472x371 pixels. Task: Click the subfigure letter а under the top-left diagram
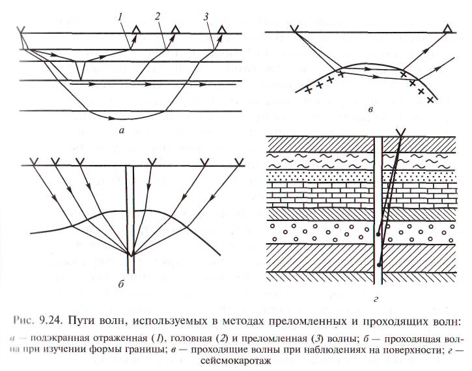coord(122,130)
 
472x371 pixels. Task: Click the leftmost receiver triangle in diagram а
coord(135,29)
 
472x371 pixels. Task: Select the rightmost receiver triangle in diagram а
coord(223,29)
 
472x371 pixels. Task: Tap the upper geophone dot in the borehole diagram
coord(378,232)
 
